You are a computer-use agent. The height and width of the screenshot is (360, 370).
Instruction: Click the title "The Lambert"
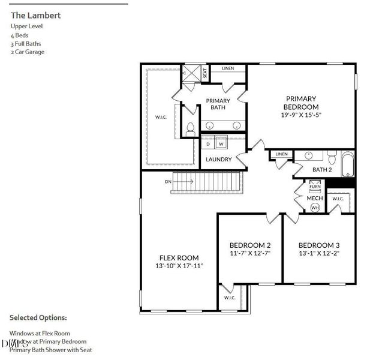pyautogui.click(x=35, y=15)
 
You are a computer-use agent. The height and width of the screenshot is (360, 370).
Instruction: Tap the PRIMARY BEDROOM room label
pyautogui.click(x=301, y=103)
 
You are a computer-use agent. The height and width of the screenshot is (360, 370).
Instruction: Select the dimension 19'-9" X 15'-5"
pyautogui.click(x=301, y=115)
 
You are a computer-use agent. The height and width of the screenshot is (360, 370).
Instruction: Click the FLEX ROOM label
pyautogui.click(x=179, y=257)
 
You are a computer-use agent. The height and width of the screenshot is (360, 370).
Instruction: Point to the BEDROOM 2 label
pyautogui.click(x=250, y=245)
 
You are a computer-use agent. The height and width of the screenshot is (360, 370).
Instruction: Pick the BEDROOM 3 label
pyautogui.click(x=319, y=245)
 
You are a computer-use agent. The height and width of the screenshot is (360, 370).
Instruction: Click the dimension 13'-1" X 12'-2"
pyautogui.click(x=319, y=253)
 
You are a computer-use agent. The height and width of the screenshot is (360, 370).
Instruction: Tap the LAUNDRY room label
pyautogui.click(x=218, y=160)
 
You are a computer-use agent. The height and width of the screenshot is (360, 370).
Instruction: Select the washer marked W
pyautogui.click(x=221, y=144)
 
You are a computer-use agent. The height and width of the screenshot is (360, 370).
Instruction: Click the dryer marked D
pyautogui.click(x=209, y=144)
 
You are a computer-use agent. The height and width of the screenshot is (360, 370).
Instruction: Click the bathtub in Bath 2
pyautogui.click(x=349, y=165)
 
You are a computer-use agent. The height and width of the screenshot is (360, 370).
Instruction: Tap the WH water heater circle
pyautogui.click(x=315, y=207)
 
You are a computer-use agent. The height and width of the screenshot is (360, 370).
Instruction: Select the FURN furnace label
pyautogui.click(x=315, y=187)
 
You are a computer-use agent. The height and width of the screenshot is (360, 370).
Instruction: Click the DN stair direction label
pyautogui.click(x=169, y=181)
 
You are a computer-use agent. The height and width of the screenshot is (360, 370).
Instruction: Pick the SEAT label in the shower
pyautogui.click(x=204, y=73)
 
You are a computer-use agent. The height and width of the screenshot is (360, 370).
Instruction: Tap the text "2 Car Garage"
pyautogui.click(x=28, y=52)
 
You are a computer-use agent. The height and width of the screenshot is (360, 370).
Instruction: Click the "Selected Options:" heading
pyautogui.click(x=38, y=317)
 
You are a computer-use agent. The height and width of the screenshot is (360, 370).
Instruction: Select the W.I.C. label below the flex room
pyautogui.click(x=230, y=297)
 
